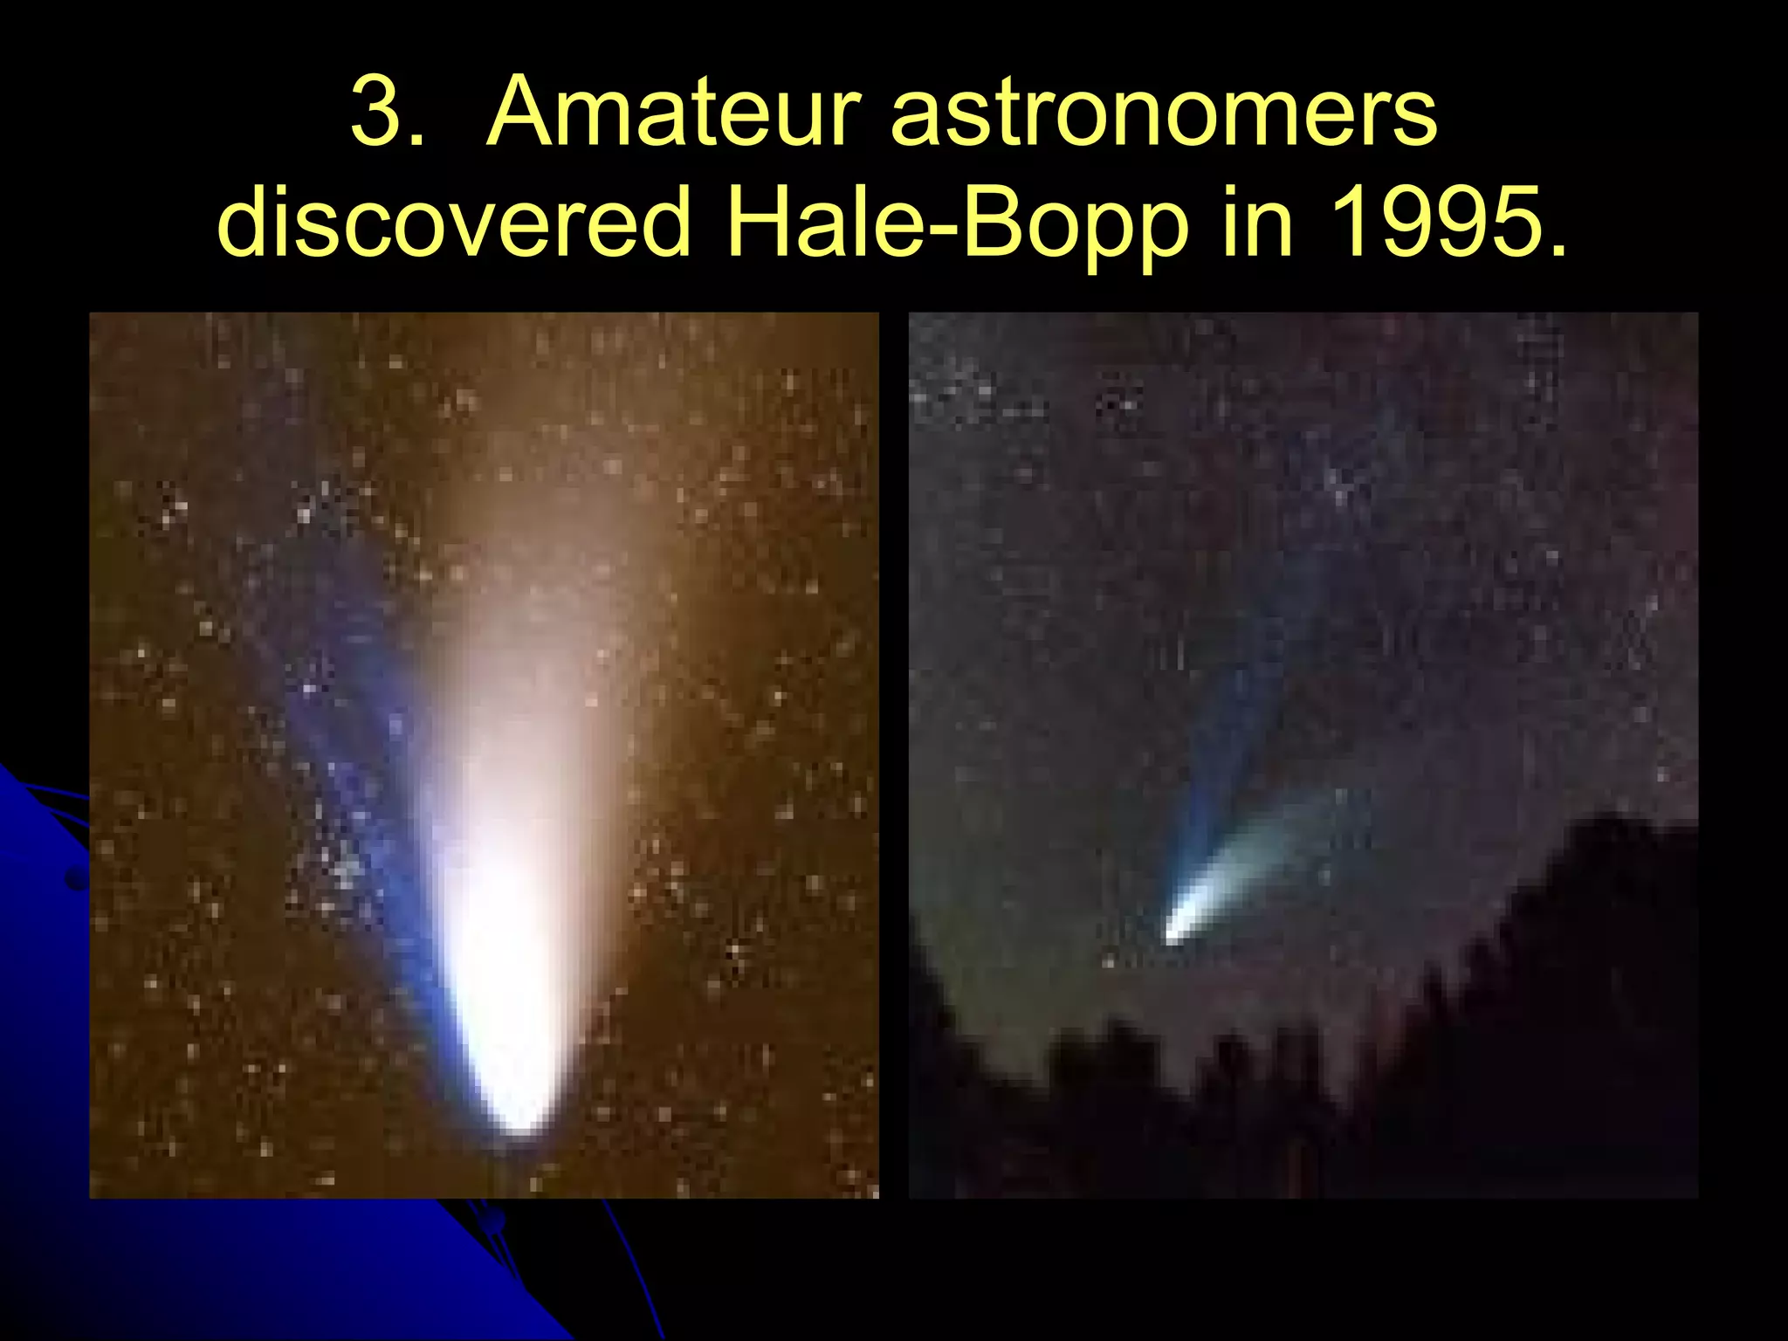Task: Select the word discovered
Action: pyautogui.click(x=454, y=223)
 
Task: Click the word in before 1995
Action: pyautogui.click(x=1257, y=223)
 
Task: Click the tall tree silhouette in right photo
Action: pyautogui.click(x=1606, y=960)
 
